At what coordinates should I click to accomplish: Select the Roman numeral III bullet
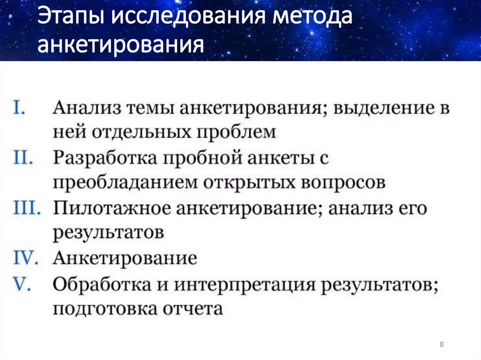[27, 208]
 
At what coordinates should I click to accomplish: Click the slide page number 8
[442, 345]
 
